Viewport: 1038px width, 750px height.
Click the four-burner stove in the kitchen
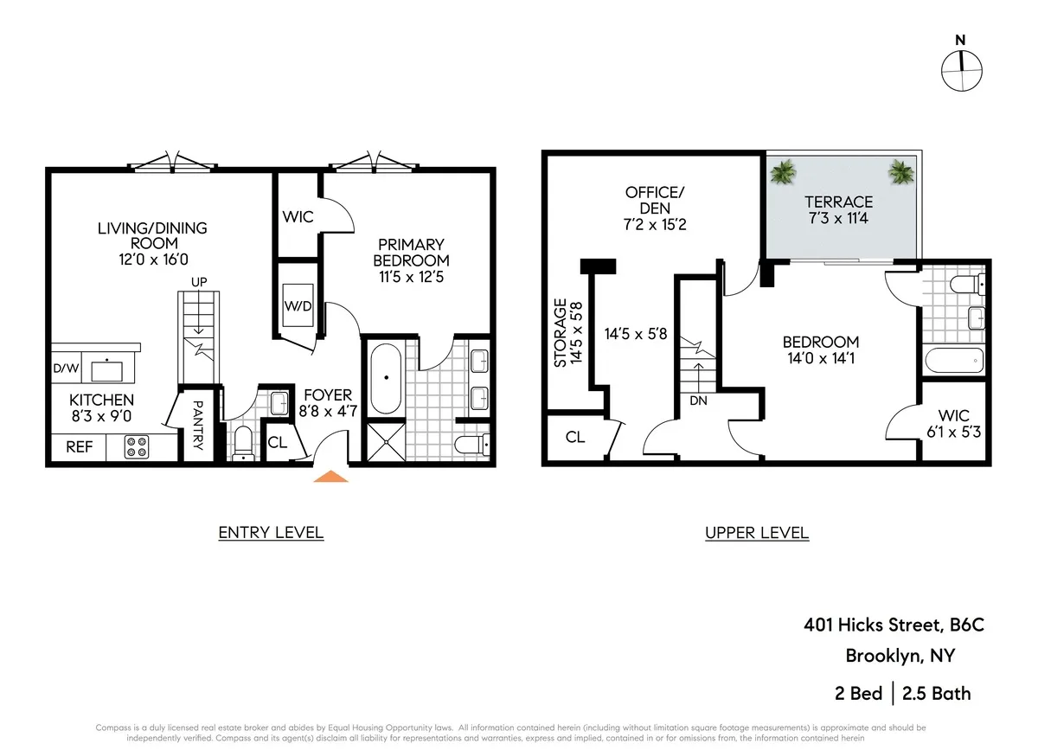point(136,447)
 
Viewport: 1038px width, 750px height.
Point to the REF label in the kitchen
point(79,448)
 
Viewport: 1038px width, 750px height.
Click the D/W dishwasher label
point(66,369)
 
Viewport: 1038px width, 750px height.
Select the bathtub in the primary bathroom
point(385,378)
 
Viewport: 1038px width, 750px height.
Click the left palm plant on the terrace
point(785,171)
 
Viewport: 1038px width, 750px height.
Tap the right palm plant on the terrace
point(900,171)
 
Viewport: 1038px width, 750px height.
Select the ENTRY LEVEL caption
point(271,532)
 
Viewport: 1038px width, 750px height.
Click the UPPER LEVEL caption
point(757,533)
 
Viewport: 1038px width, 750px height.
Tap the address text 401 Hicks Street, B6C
point(894,625)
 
